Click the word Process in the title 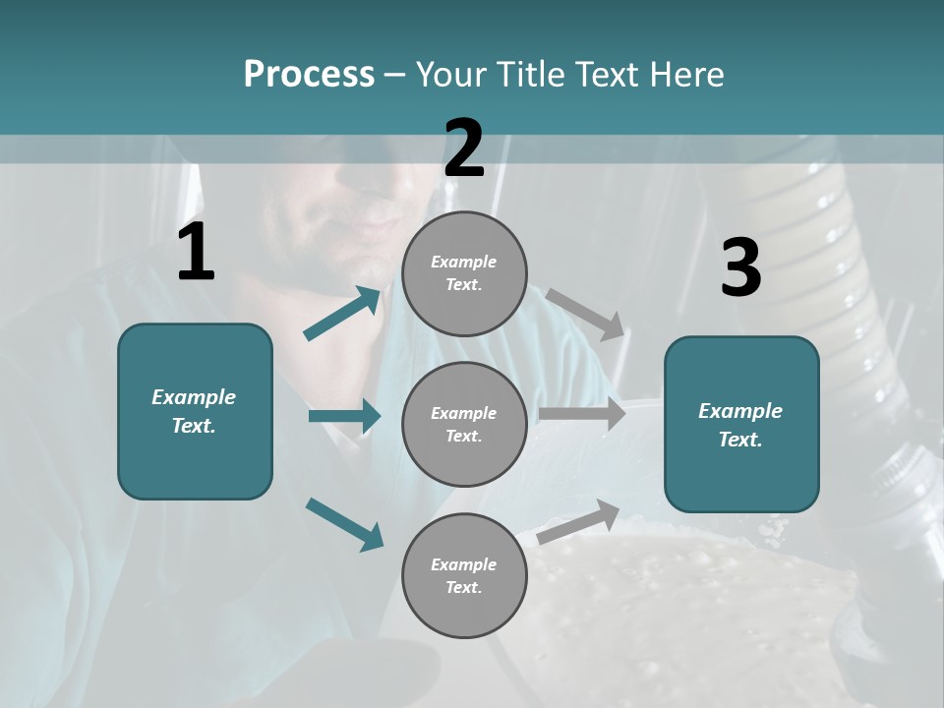click(309, 75)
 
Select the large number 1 click(196, 254)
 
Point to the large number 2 click(464, 148)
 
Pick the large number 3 click(740, 268)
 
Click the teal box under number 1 click(195, 411)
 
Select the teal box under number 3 click(741, 424)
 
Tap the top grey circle click(464, 273)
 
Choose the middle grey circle click(464, 424)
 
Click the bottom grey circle click(464, 575)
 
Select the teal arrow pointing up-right click(342, 314)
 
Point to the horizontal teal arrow click(344, 417)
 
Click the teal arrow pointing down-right click(344, 524)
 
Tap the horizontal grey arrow click(582, 414)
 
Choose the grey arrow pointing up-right click(578, 522)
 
